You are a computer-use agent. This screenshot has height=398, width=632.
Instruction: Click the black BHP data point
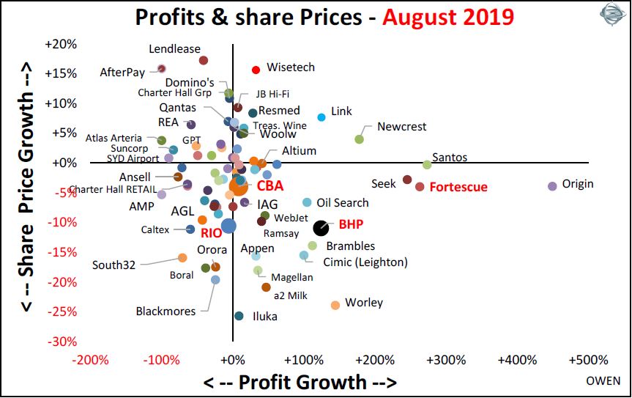(x=321, y=228)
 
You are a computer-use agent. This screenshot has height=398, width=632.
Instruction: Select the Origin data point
(x=552, y=186)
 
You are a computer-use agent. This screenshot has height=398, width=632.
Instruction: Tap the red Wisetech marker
(x=256, y=70)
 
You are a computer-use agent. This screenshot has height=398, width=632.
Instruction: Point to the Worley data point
(x=335, y=305)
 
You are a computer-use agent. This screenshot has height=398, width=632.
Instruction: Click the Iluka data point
(x=239, y=316)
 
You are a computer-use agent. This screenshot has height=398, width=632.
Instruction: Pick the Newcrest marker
(x=360, y=139)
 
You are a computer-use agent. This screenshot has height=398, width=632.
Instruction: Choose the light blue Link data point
(x=321, y=117)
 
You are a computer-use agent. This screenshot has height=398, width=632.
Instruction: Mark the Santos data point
(x=427, y=164)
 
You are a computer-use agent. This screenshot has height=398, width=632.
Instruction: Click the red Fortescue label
(x=458, y=187)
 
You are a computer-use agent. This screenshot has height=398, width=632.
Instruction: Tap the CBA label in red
(x=269, y=187)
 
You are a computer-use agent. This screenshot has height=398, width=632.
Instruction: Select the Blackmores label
(x=166, y=312)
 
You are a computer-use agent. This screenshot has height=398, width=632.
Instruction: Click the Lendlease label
(x=174, y=49)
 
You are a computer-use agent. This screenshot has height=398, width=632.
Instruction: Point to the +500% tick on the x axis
(x=587, y=361)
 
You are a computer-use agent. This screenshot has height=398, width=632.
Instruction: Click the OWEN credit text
(x=603, y=381)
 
